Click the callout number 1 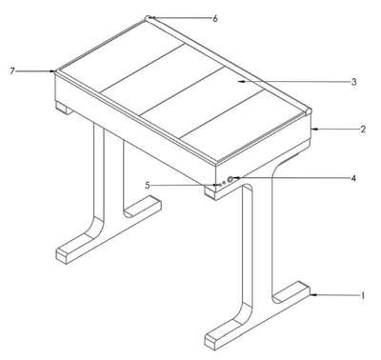pyautogui.click(x=362, y=295)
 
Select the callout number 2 pyautogui.click(x=363, y=130)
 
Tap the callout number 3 pyautogui.click(x=353, y=82)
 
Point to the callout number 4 pyautogui.click(x=353, y=178)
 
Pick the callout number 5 pyautogui.click(x=148, y=185)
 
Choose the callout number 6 pyautogui.click(x=215, y=19)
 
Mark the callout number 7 pyautogui.click(x=12, y=71)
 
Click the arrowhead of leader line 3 pyautogui.click(x=241, y=82)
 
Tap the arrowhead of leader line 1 pyautogui.click(x=313, y=295)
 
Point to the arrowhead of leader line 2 pyautogui.click(x=315, y=129)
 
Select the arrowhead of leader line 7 pyautogui.click(x=52, y=71)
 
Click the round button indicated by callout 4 pyautogui.click(x=231, y=179)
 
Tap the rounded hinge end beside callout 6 pyautogui.click(x=149, y=18)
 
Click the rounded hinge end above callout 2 pyautogui.click(x=310, y=112)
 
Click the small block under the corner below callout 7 pyautogui.click(x=64, y=108)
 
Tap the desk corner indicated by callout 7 pyautogui.click(x=56, y=71)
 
